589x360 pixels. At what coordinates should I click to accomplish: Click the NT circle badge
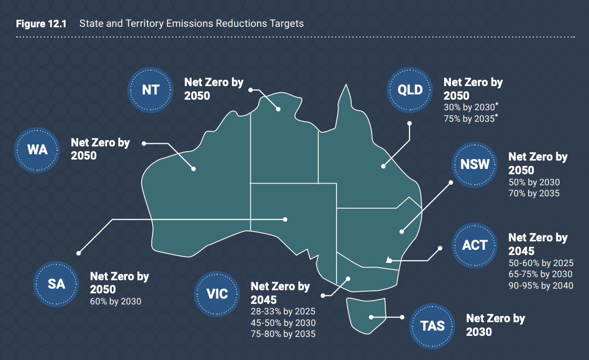[150, 90]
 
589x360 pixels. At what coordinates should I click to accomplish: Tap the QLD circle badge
[410, 90]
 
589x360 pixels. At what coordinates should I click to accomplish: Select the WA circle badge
[37, 150]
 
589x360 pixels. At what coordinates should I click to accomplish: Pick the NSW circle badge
[475, 164]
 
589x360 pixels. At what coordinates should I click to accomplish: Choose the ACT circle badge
[475, 246]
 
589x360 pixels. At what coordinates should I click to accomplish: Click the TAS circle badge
[433, 326]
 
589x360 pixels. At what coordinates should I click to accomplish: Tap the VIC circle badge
[217, 294]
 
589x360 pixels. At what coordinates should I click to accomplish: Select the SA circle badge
[56, 284]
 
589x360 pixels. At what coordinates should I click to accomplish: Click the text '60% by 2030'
[115, 301]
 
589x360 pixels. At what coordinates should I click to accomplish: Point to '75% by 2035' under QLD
[469, 119]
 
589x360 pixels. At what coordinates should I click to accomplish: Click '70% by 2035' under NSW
[534, 193]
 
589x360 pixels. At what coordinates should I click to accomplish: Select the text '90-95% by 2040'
[541, 285]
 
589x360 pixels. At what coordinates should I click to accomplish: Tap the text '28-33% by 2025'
[283, 312]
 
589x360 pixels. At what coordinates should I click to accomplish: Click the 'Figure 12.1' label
[41, 24]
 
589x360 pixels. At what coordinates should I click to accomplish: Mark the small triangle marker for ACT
[389, 260]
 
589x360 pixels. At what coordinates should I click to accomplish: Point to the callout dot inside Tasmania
[371, 317]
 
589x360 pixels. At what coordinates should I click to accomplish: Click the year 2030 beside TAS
[479, 332]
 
